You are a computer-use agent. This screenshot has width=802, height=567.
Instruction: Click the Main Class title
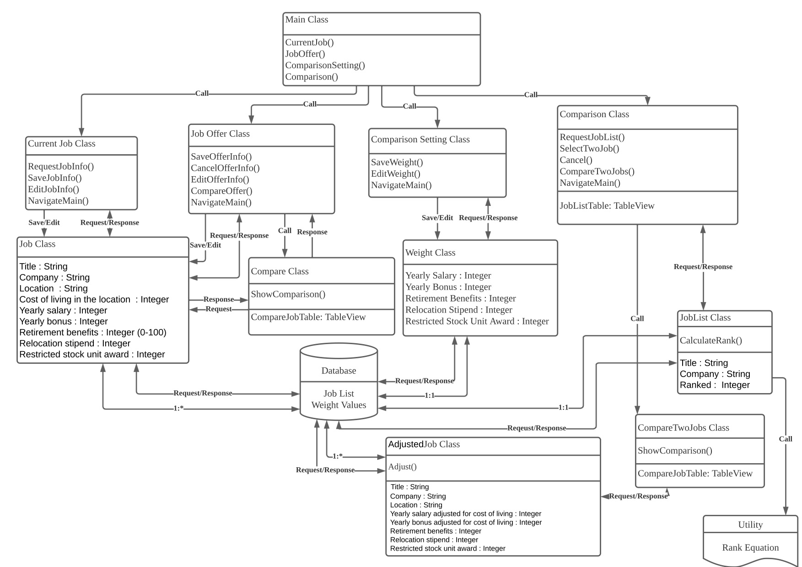307,20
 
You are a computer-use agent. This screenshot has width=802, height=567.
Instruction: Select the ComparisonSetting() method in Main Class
325,65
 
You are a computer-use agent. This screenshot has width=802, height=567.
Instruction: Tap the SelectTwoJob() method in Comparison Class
589,149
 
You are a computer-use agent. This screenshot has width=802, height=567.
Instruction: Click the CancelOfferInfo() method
225,168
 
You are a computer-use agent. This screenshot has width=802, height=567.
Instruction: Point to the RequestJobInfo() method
61,167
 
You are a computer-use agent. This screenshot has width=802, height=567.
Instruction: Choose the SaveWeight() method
397,162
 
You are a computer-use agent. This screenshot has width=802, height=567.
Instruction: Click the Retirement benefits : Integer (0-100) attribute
93,333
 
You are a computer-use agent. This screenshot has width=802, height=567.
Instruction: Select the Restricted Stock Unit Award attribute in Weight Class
477,321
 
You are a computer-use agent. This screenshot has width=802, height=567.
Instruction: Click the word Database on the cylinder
339,371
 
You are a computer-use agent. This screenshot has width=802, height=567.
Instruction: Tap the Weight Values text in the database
339,405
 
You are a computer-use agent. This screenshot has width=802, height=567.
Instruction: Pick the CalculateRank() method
710,340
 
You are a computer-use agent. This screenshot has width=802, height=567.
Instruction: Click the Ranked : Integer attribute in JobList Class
714,385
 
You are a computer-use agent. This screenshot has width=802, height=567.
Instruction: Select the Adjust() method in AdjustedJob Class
402,467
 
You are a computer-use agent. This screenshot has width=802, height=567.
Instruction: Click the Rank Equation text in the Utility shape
750,548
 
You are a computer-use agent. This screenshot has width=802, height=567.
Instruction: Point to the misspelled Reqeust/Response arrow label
536,428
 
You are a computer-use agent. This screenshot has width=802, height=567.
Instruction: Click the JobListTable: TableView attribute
607,206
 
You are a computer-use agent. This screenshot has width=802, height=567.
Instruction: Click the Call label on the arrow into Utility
785,439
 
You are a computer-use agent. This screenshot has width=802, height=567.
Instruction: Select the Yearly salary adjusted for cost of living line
465,514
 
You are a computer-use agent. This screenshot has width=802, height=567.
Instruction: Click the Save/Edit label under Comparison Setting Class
437,218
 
